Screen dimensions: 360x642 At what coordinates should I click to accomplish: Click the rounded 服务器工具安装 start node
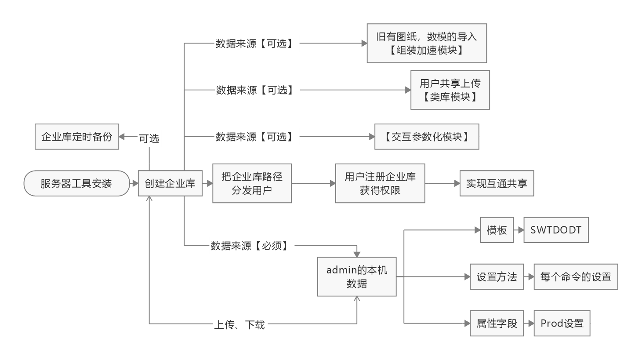coord(76,183)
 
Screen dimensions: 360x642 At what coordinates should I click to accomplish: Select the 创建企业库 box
coord(170,183)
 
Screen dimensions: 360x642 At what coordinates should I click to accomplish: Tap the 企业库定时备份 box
coord(77,137)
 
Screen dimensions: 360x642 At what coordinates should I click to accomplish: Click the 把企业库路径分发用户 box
coord(252,183)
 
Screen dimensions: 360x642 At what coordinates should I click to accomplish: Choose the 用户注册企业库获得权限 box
coord(380,183)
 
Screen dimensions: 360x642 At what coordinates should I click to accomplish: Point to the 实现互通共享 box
coord(497,183)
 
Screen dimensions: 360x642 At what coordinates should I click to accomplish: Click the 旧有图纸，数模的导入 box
coord(427,44)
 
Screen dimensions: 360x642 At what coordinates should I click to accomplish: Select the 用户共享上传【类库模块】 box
coord(450,90)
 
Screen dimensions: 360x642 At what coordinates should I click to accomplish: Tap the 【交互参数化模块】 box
coord(427,137)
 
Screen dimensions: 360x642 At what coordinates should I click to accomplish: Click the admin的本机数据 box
coord(357,276)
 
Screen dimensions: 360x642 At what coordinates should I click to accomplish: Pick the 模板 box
coord(497,230)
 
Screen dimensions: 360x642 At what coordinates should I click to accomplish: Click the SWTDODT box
coord(556,230)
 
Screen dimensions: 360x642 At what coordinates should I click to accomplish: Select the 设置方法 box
coord(497,276)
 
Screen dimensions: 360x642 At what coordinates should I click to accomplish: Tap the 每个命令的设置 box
coord(576,276)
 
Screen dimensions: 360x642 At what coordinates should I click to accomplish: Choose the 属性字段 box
coord(497,324)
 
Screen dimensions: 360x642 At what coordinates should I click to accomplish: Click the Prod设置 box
coord(562,324)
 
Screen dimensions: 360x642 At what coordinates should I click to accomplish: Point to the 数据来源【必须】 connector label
coord(252,246)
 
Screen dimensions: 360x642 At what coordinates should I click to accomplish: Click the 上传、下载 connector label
coord(240,325)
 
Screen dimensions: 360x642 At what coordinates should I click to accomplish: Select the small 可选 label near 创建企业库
coord(149,138)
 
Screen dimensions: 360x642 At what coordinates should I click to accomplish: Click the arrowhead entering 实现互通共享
coord(457,183)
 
